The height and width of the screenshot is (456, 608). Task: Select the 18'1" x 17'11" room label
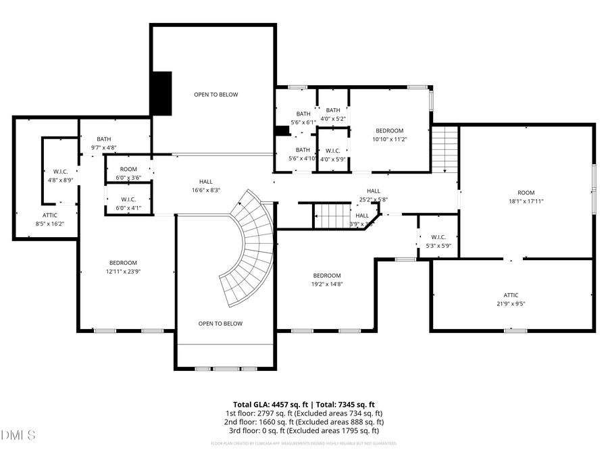[526, 197]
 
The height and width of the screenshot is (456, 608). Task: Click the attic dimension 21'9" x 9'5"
[511, 304]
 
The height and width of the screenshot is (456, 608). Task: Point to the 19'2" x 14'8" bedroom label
[326, 280]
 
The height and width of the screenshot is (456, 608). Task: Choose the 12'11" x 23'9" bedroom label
[124, 267]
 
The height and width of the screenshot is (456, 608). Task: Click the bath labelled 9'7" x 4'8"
[103, 143]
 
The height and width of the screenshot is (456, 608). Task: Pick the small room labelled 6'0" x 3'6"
[128, 173]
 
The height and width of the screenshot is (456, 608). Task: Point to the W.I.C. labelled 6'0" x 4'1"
[128, 203]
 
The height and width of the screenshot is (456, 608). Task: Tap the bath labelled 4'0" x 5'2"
[333, 114]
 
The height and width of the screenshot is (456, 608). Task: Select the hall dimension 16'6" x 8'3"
[205, 186]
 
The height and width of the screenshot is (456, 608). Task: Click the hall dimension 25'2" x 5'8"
[374, 195]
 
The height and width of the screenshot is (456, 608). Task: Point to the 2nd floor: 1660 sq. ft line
[303, 422]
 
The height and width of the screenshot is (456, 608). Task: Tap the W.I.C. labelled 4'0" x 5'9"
[332, 155]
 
